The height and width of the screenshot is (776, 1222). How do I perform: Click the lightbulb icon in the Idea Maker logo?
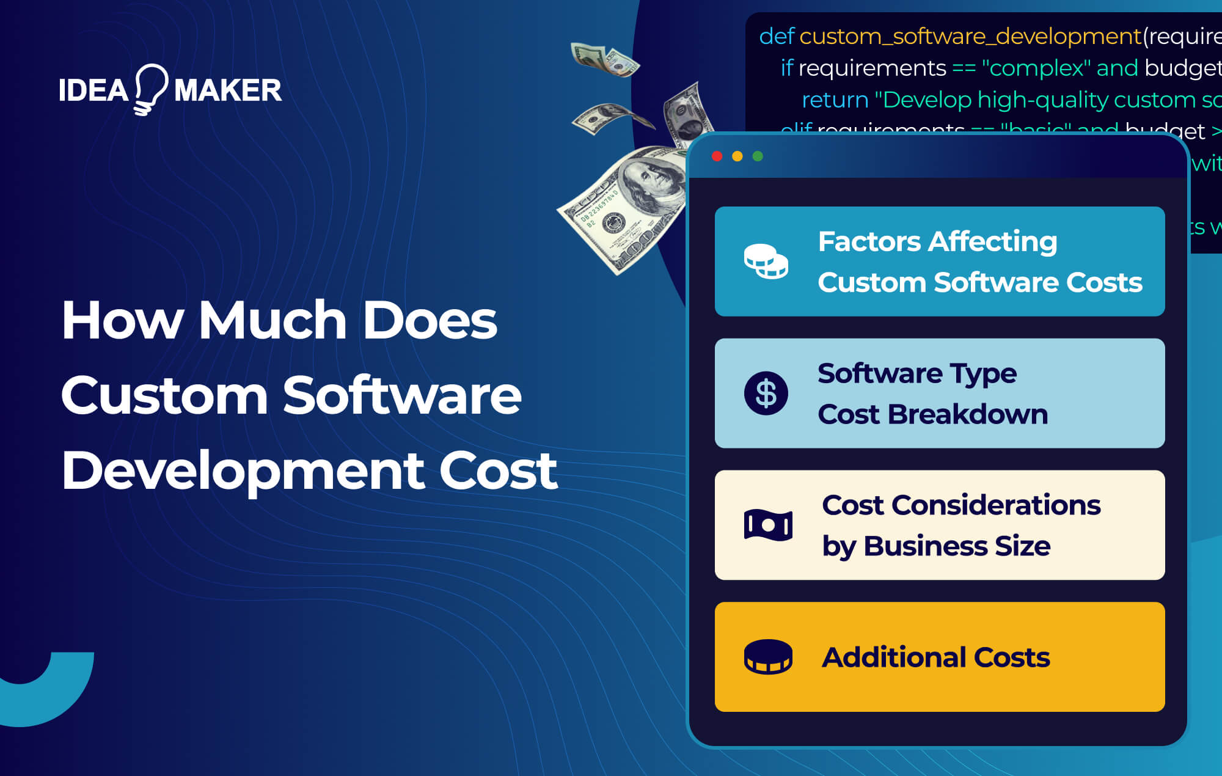tap(150, 89)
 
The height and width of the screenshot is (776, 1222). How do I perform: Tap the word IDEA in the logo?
tap(93, 90)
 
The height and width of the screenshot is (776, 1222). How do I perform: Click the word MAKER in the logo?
tap(228, 90)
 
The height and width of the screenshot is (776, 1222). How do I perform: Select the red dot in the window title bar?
tap(717, 156)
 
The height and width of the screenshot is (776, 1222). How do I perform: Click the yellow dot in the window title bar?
tap(737, 156)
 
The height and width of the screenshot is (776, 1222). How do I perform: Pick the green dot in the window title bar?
tap(758, 156)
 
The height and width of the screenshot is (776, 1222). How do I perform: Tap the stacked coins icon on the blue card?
tap(766, 262)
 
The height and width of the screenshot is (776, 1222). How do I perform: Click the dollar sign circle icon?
tap(766, 393)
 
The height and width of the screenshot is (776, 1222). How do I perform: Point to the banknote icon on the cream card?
tap(768, 525)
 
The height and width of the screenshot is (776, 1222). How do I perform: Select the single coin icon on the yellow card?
tap(768, 657)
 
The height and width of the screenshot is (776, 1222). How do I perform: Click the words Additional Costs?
tap(935, 657)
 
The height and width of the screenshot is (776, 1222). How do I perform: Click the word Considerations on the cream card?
tap(996, 505)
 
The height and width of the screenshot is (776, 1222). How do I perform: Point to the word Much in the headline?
tap(273, 320)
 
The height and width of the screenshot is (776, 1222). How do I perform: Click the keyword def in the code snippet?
tap(776, 37)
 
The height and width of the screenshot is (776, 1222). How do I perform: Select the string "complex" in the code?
tap(1036, 68)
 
